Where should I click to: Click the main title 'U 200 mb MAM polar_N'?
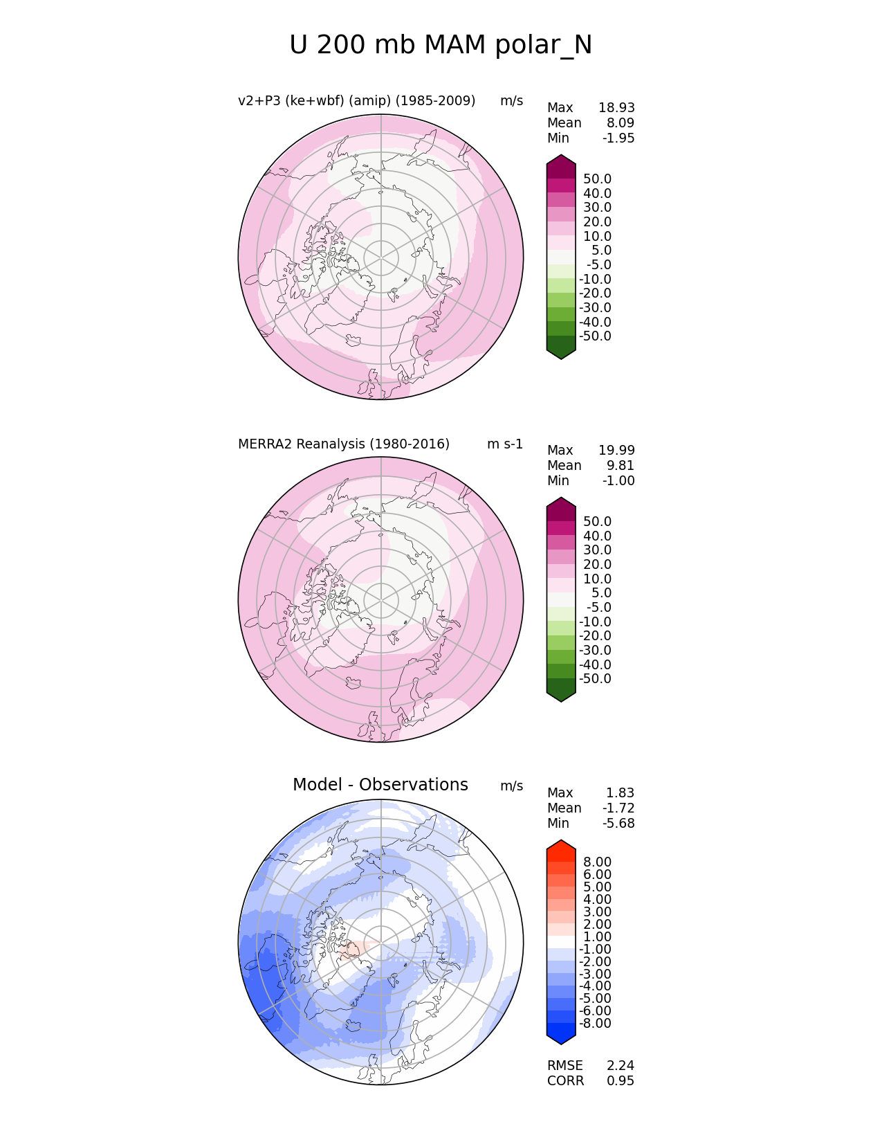coord(441,45)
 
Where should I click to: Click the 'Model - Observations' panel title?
coord(380,785)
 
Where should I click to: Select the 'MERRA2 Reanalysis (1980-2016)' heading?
coord(344,444)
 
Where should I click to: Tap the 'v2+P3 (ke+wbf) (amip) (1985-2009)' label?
coord(356,101)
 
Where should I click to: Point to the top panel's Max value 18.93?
coord(616,108)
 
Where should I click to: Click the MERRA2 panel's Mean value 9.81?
coord(621,466)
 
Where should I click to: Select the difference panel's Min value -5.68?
coord(618,824)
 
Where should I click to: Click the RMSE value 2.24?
coord(621,1066)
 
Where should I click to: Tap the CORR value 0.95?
coord(621,1081)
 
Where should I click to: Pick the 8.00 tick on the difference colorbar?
coord(597,862)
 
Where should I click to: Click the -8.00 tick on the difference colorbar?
coord(595,1024)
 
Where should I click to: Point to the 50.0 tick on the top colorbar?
coord(597,179)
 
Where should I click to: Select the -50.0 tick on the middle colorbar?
coord(595,679)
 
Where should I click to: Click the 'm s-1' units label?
coord(505,444)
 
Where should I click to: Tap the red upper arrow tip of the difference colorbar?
coord(561,844)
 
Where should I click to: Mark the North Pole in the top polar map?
coord(380,257)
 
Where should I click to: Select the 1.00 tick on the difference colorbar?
coord(597,937)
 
